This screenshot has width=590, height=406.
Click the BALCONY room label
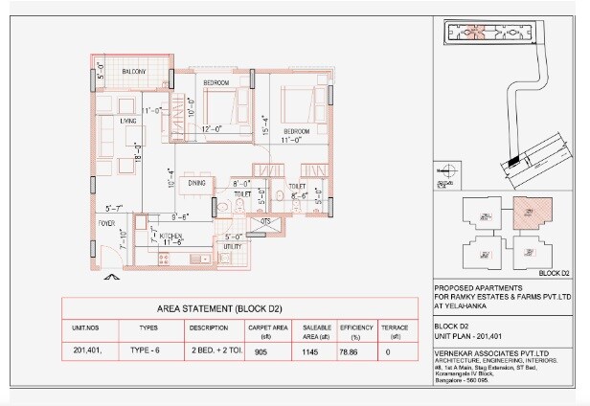[133, 73]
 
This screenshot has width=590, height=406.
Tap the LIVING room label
[127, 122]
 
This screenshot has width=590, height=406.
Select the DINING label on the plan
[196, 182]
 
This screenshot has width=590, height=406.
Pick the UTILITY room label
[232, 247]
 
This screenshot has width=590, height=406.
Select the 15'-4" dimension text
[265, 125]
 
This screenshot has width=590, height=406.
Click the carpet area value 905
[261, 351]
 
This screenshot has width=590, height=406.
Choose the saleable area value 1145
[310, 351]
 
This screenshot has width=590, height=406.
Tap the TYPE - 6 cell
[148, 351]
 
